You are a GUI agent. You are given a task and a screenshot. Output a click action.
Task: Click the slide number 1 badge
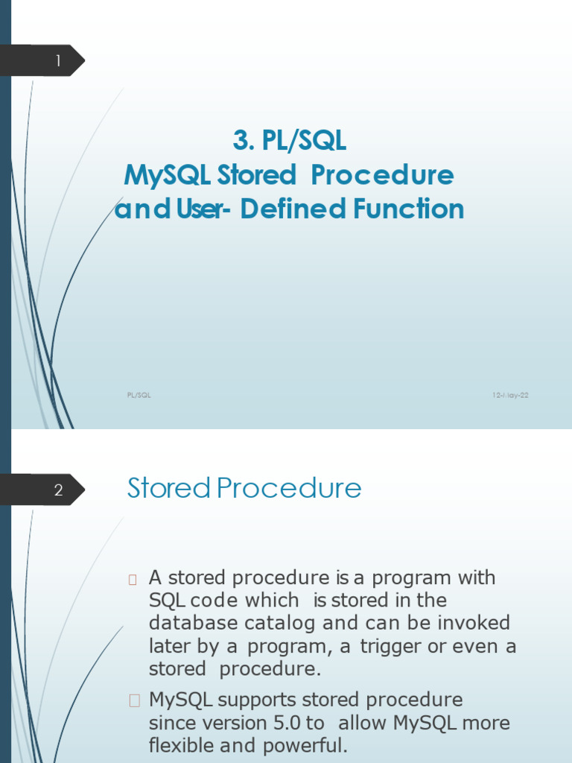[42, 60]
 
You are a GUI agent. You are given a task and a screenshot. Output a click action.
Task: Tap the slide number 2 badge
[42, 490]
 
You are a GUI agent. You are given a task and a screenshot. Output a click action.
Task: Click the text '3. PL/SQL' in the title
[290, 140]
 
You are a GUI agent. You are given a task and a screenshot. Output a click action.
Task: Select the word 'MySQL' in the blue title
[167, 174]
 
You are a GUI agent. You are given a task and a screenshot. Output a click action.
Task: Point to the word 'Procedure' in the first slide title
[382, 174]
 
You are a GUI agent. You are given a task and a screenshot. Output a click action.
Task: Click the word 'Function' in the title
[409, 209]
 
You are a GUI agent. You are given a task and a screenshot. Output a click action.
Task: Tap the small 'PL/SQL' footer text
[139, 395]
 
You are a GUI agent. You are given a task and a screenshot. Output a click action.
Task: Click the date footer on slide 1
[510, 395]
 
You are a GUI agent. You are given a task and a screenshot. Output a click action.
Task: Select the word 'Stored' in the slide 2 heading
[169, 487]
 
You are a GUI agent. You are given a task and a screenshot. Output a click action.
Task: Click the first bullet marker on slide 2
[133, 580]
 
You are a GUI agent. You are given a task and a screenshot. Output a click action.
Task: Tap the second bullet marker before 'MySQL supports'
[134, 700]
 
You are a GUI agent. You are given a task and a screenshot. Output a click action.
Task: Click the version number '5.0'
[287, 723]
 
